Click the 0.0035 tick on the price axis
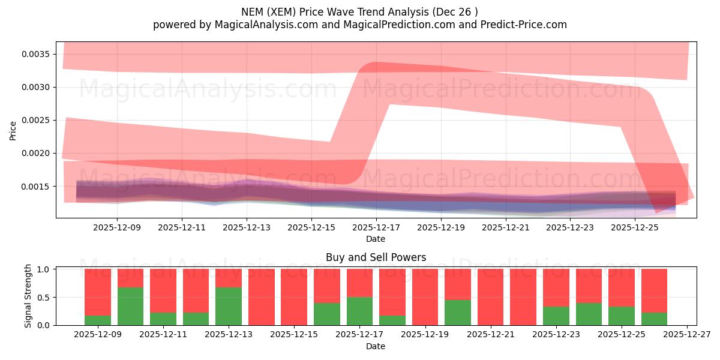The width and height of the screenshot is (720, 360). [x=37, y=54]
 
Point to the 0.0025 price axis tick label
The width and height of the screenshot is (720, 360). [x=37, y=120]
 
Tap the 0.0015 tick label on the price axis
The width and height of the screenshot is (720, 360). [x=37, y=186]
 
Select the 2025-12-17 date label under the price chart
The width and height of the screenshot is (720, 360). [x=376, y=228]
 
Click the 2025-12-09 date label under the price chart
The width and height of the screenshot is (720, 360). [x=117, y=228]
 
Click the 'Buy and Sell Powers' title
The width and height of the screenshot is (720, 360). [x=376, y=257]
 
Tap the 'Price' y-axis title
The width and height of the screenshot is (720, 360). [x=13, y=130]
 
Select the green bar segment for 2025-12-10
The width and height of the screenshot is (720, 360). [x=130, y=306]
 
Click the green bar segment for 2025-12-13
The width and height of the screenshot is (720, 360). [x=229, y=306]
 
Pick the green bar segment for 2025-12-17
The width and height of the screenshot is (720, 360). [x=359, y=311]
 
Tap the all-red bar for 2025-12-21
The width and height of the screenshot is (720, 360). [x=490, y=297]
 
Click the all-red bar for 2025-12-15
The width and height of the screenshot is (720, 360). [x=294, y=297]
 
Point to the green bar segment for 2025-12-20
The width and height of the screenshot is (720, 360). [x=458, y=313]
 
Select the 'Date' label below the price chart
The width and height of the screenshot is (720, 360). [x=376, y=239]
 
